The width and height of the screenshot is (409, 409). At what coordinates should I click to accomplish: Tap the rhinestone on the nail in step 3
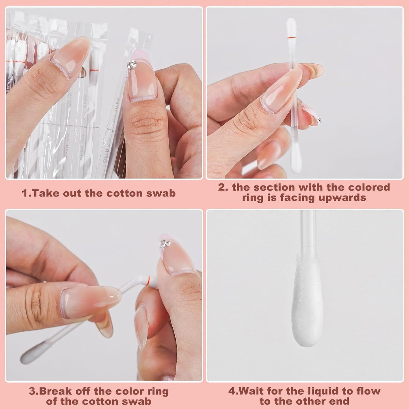pos(163,244)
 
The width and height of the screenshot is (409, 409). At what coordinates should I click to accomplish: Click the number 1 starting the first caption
pos(25,193)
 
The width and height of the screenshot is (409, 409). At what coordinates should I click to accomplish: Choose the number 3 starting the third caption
pos(32,391)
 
